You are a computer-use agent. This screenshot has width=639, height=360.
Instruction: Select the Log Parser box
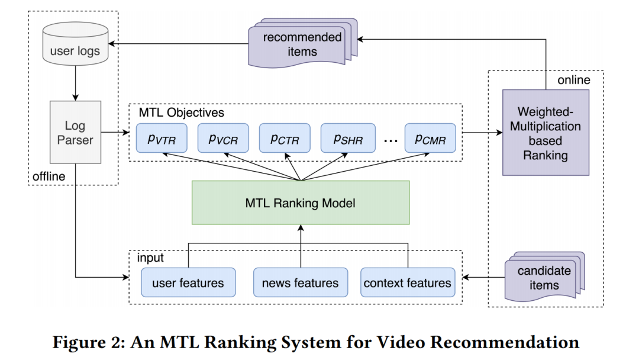[x=75, y=132]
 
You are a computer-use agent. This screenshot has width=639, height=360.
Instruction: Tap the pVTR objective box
[x=162, y=138]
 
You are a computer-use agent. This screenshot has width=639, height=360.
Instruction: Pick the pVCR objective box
[x=223, y=138]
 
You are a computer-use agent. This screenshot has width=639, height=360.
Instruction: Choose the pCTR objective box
[x=285, y=138]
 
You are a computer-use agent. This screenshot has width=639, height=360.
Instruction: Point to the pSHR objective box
[x=347, y=138]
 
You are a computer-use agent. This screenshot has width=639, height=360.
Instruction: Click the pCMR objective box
[x=430, y=138]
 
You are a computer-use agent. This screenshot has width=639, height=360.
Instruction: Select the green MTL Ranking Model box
[x=301, y=203]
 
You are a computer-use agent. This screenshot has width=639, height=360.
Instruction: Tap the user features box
[x=188, y=282]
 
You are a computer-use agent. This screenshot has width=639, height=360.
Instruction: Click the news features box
[x=301, y=282]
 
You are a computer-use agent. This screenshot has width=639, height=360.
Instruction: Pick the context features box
[x=408, y=282]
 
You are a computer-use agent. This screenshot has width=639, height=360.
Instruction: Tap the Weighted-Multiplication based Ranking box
[x=546, y=133]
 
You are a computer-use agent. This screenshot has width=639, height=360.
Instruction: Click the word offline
[x=49, y=176]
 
